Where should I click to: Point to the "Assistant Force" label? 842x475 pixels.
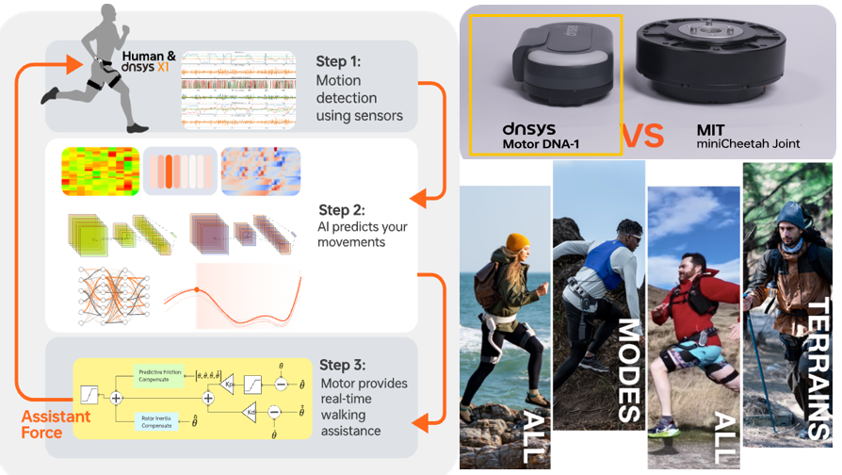pos(57,425)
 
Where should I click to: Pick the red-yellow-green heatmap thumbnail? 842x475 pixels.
pos(99,171)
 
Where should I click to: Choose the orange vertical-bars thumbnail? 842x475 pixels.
pos(179,172)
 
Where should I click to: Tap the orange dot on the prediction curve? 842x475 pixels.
pos(197,289)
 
